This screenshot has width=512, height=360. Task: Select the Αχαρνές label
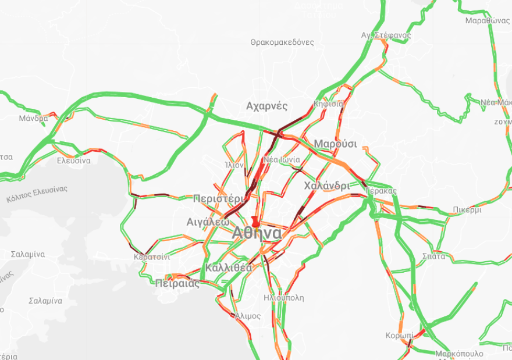point(267,106)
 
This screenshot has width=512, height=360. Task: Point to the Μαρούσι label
point(335,144)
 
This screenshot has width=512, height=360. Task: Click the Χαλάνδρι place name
point(326,186)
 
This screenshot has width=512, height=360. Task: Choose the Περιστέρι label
point(219,198)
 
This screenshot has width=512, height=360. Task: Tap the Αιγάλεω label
point(208,222)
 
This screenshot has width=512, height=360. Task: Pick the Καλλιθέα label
point(228,268)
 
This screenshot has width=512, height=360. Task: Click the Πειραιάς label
point(177,284)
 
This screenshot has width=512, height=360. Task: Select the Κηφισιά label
point(329,104)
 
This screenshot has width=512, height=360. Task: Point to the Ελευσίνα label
point(73,161)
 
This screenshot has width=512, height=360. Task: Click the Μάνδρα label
point(33,118)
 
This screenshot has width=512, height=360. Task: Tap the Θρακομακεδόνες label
point(282,42)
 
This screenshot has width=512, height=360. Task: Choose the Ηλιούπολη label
point(283,298)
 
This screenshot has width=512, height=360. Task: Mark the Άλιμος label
point(248,316)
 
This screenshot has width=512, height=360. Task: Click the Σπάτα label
point(434,256)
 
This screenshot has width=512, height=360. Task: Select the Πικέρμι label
point(466,210)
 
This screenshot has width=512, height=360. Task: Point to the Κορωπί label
point(400,336)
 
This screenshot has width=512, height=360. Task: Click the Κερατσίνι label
point(151,256)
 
